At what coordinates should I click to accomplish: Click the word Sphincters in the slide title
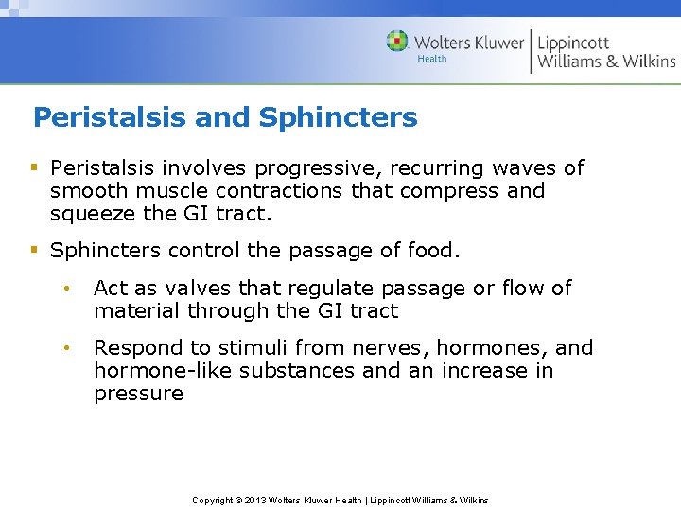[338, 118]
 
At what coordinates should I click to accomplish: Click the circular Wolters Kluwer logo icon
[397, 41]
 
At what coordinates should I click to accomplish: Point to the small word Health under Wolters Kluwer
[431, 59]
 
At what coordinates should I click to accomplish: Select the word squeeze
[94, 214]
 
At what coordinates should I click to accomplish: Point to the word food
[432, 251]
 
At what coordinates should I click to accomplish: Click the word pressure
[138, 394]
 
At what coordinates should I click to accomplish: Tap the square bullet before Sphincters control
[34, 251]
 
